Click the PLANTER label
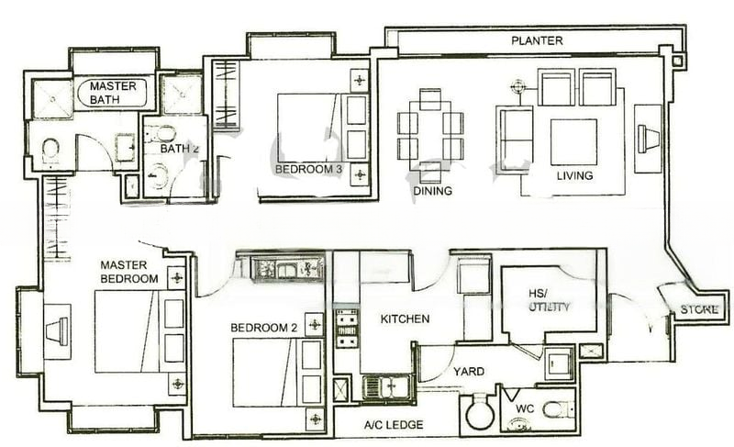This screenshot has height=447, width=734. coord(537,40)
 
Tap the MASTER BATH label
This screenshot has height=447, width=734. coord(113,93)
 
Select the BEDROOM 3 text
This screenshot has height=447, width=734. coord(309,169)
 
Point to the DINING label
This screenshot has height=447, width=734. coord(432,191)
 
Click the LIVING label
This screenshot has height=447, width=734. coord(575,176)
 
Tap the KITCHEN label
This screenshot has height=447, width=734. coord(405,319)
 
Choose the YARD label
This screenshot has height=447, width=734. coord(469,372)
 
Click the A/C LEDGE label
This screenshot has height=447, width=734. coord(394,425)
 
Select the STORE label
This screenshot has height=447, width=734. coord(699,309)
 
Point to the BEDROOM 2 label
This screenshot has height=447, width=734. coord(264,328)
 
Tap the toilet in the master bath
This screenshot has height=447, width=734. coord(50,151)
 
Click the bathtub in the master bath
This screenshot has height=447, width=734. coord(113,93)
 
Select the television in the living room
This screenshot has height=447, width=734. coord(649,139)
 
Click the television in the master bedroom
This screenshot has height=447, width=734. coord(58,331)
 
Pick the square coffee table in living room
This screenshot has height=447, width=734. coord(573,142)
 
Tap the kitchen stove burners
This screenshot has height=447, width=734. coord(347,329)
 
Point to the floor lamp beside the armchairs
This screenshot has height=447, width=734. coord(517,87)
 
